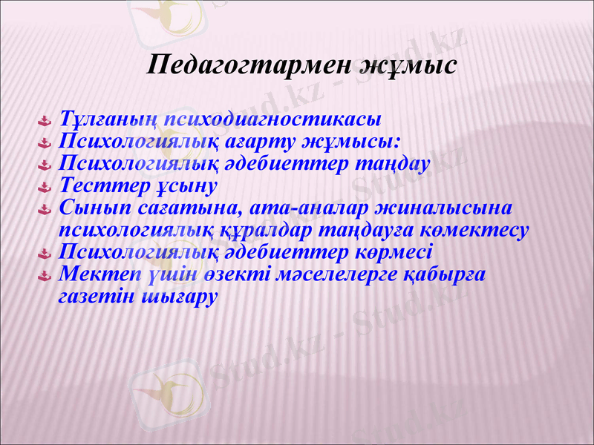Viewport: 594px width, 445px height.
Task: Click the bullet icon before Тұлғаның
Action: point(44,120)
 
